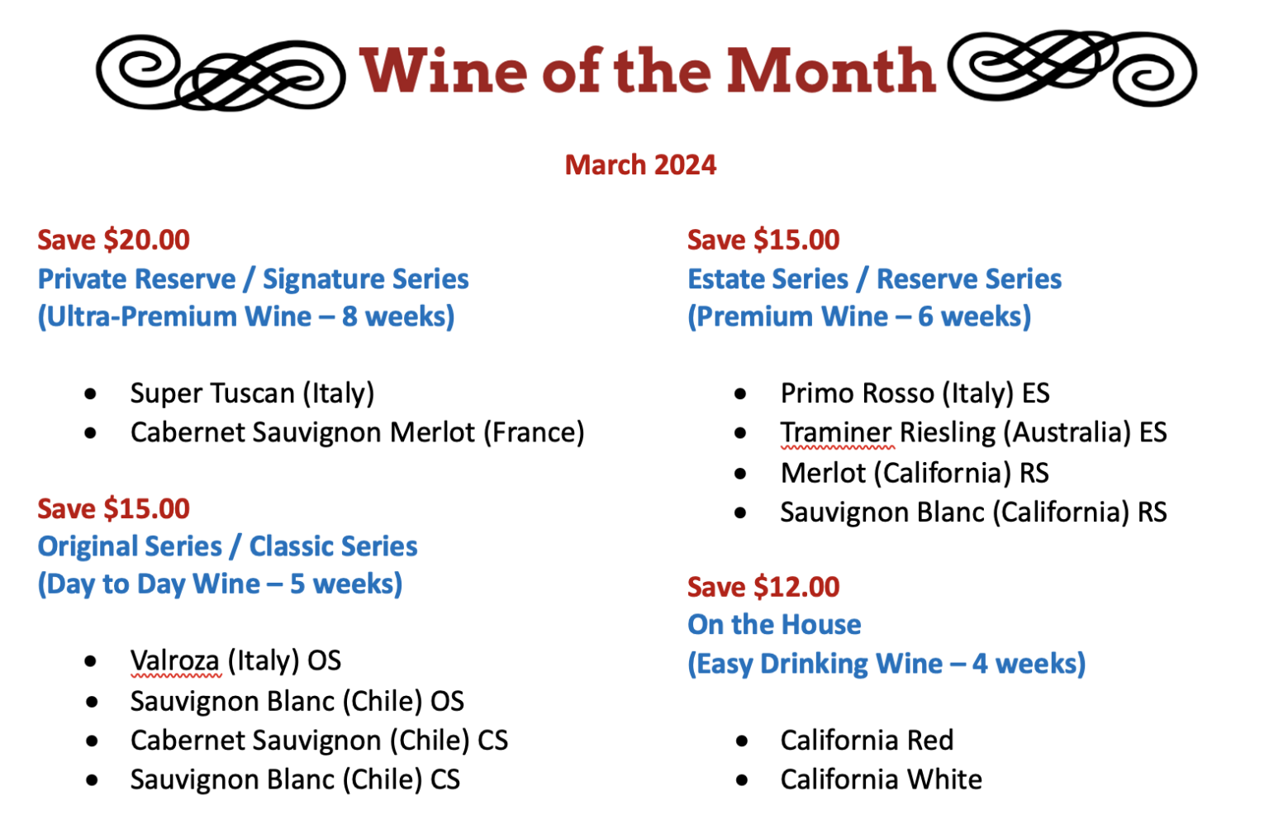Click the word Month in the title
pos(830,71)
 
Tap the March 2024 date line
pos(640,164)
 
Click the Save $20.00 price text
pos(113,240)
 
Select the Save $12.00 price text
pos(763,587)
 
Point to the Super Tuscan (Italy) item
pos(252,393)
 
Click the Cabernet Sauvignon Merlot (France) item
pos(357,432)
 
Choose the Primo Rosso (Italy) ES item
pos(915,393)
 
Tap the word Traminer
pos(835,432)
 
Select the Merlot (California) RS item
pos(914,473)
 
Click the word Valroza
pos(174,660)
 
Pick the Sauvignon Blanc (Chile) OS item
pos(297,701)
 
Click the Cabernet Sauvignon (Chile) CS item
pos(319,741)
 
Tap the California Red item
pos(867,740)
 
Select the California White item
pos(881,779)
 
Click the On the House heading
pos(774,625)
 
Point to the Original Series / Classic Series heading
pos(227,546)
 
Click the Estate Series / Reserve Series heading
pos(874,279)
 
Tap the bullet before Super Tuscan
pos(90,394)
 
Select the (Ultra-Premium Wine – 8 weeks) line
pos(246,317)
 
